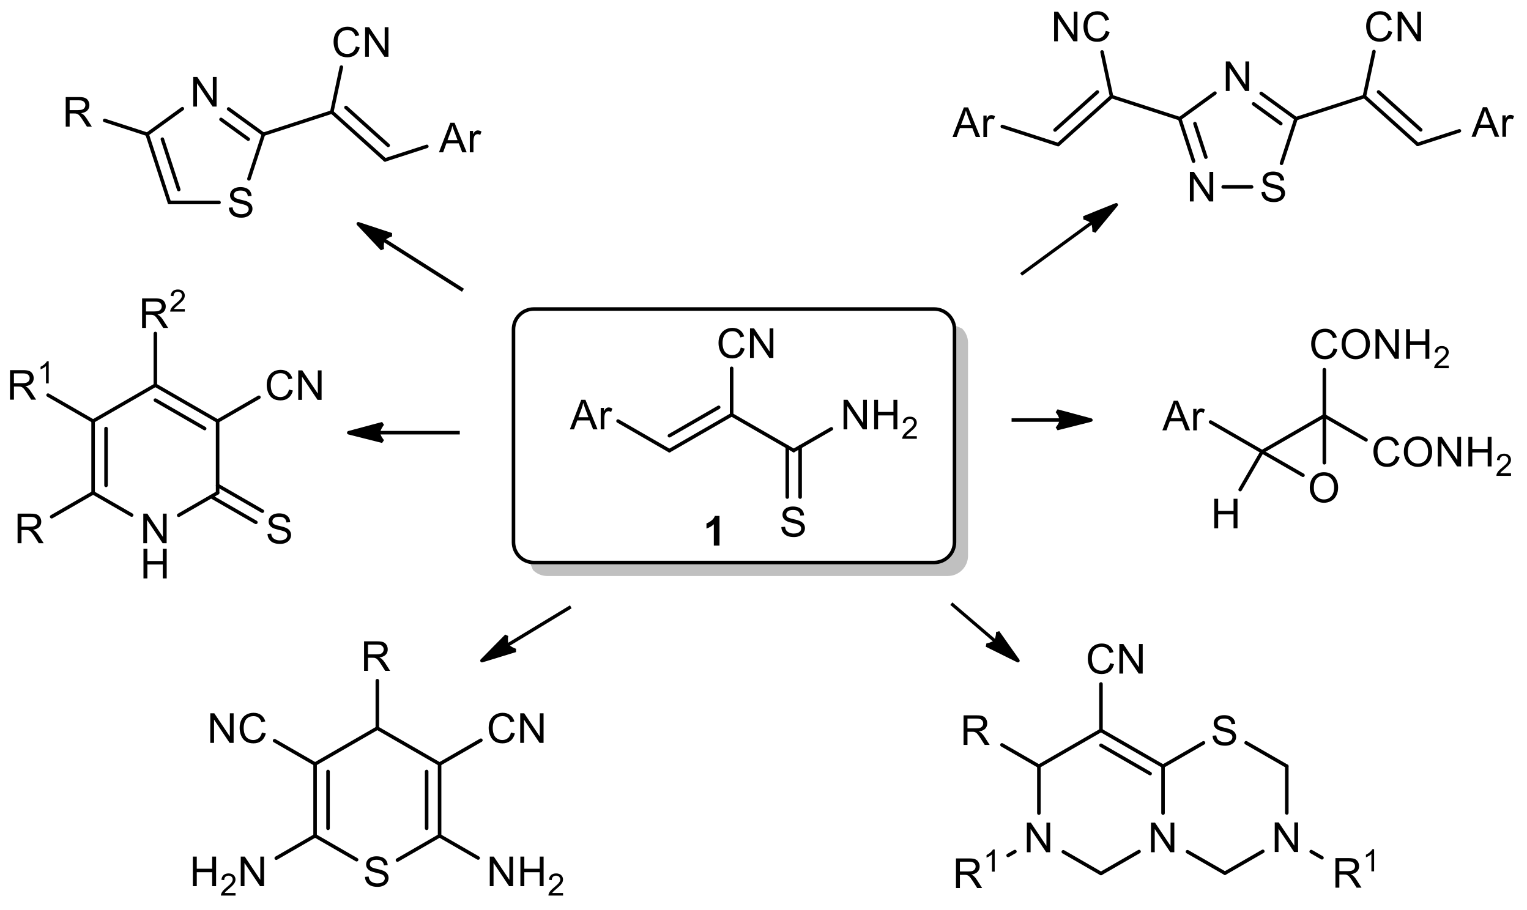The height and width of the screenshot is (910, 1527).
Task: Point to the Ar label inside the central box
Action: click(592, 416)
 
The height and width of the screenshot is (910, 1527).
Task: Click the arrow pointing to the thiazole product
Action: click(409, 256)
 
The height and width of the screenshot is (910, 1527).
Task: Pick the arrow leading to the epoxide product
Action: click(1051, 420)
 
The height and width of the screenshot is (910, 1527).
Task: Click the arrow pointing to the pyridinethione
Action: click(403, 433)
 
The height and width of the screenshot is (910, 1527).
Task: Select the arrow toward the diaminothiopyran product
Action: click(525, 634)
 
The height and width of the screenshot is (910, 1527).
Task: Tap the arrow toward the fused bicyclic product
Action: click(984, 633)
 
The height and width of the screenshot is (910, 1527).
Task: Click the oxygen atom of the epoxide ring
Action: click(1323, 489)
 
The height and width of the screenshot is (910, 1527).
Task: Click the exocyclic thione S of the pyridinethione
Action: click(279, 528)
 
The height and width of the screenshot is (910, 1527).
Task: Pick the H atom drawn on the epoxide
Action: click(1225, 515)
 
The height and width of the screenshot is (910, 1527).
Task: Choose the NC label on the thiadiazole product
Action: click(1080, 28)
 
